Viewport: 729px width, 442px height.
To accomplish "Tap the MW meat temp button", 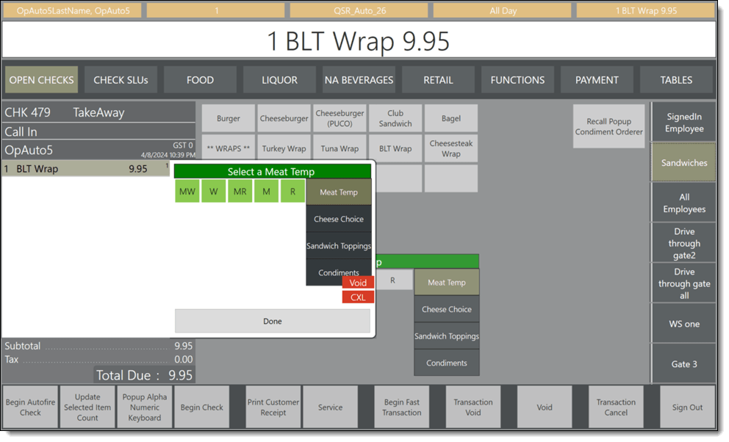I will coord(187,192).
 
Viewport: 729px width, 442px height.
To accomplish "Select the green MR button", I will coord(240,192).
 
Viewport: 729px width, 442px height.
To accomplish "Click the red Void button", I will coord(358,283).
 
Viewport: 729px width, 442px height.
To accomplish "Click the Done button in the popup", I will coord(273,321).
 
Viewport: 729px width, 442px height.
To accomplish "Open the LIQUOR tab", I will coord(280,80).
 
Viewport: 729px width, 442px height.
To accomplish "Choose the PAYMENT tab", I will coord(597,80).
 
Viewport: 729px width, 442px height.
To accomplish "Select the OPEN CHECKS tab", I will coord(42,80).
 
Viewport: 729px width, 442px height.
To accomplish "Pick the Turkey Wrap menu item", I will coord(284,148).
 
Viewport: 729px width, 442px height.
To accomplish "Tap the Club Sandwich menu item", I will coord(395,118).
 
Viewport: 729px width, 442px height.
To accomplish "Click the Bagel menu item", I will coord(451,118).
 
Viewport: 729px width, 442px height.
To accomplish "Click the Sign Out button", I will coord(687,407).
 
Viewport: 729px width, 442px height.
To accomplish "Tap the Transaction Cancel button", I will coord(616,407).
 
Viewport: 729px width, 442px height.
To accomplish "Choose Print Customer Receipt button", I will coord(273,407).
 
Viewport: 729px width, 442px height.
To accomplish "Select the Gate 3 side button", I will coord(684,363).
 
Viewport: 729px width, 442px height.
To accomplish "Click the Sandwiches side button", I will coord(684,163).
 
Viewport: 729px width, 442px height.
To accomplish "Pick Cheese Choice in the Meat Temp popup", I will coord(339,219).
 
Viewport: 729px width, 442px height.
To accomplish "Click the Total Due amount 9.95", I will coord(180,375).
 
